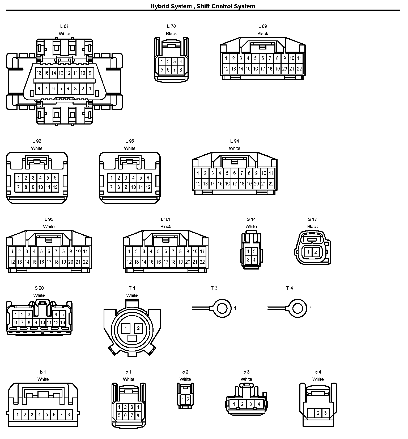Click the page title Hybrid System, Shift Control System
point(202,6)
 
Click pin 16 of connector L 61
point(39,73)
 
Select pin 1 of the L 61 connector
point(90,89)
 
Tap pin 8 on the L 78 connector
point(181,70)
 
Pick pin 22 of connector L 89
point(299,69)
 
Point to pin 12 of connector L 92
point(55,187)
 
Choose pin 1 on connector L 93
point(111,178)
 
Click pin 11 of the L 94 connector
point(271,173)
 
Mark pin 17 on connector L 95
point(49,262)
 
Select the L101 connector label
point(165,219)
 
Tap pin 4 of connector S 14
point(254,259)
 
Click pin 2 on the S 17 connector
point(316,252)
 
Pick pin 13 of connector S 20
point(62,322)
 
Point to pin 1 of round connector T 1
point(126,328)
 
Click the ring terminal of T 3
point(221,308)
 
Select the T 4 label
point(290,288)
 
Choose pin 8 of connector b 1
point(69,414)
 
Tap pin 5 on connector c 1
point(119,415)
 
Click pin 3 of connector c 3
point(250,404)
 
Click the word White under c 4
point(318,379)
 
